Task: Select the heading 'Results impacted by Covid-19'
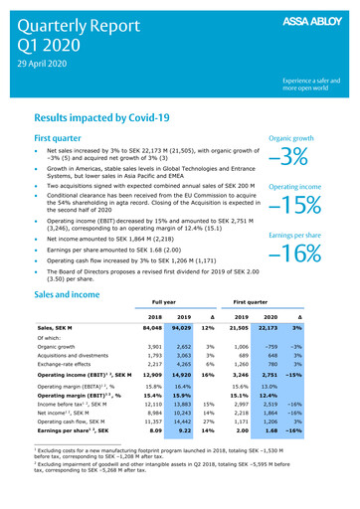click(110, 116)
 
